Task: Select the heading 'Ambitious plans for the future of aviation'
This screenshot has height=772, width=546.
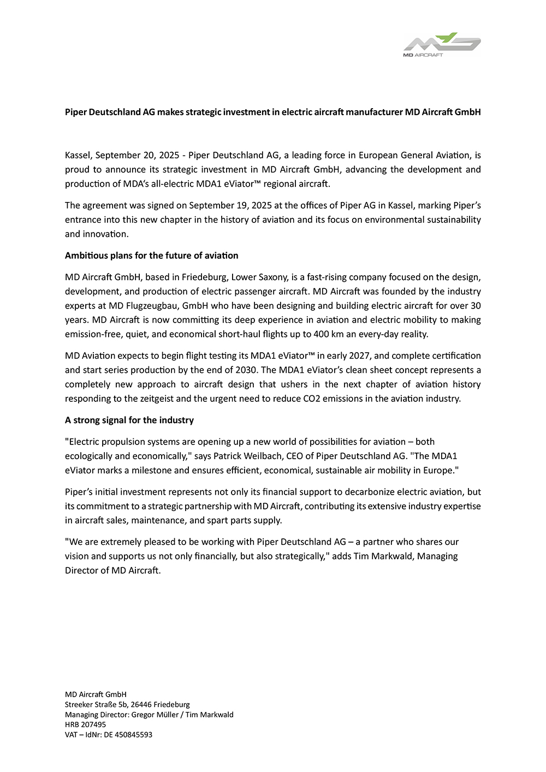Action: (x=151, y=256)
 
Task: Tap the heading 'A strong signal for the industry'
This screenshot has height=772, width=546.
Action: (x=129, y=420)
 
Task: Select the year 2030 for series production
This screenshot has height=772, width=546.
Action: (x=246, y=370)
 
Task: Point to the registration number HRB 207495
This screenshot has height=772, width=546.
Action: (x=85, y=725)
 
